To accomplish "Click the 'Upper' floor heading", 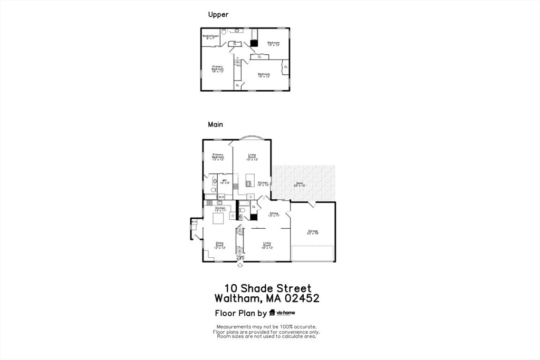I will [x=218, y=15].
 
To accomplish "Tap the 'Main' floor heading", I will [x=215, y=125].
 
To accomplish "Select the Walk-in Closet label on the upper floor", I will [x=210, y=37].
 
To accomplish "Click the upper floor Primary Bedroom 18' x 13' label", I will [x=218, y=69].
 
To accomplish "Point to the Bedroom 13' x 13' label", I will [x=273, y=44].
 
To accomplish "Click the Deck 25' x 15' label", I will [x=300, y=184].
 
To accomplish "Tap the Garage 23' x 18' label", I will [x=313, y=232].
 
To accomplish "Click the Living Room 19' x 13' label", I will [x=267, y=245].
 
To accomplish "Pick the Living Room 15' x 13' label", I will [x=252, y=156].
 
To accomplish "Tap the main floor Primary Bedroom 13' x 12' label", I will [x=218, y=156].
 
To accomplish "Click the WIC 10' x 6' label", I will [x=225, y=182].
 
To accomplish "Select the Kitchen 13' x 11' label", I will [x=220, y=209].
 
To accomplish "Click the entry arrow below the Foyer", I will [x=240, y=265].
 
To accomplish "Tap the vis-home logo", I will [x=282, y=313].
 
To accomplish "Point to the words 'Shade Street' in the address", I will [x=275, y=288].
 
